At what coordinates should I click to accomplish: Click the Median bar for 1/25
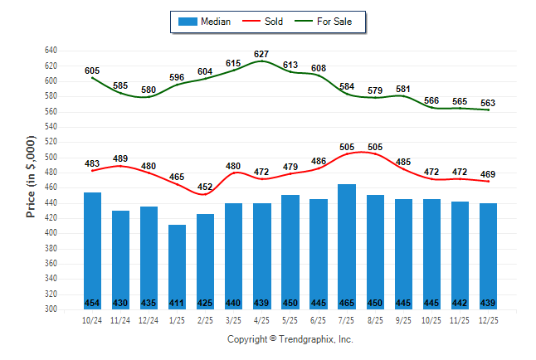pyautogui.click(x=178, y=266)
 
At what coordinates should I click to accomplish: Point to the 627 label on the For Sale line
pyautogui.click(x=262, y=54)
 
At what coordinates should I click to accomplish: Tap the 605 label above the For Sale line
pyautogui.click(x=92, y=71)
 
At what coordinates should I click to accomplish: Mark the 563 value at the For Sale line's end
pyautogui.click(x=488, y=103)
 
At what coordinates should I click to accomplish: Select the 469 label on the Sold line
pyautogui.click(x=488, y=174)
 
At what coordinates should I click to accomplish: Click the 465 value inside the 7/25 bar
pyautogui.click(x=347, y=303)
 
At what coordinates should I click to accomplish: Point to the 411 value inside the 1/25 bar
pyautogui.click(x=178, y=303)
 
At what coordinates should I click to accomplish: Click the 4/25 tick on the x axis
pyautogui.click(x=262, y=320)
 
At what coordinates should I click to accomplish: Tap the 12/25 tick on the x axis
pyautogui.click(x=488, y=320)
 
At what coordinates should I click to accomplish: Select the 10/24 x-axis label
pyautogui.click(x=92, y=320)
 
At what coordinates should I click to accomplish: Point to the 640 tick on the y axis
pyautogui.click(x=51, y=51)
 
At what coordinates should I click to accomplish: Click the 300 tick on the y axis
pyautogui.click(x=51, y=309)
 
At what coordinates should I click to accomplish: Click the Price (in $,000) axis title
pyautogui.click(x=31, y=179)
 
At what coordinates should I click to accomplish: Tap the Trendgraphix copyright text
pyautogui.click(x=290, y=339)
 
